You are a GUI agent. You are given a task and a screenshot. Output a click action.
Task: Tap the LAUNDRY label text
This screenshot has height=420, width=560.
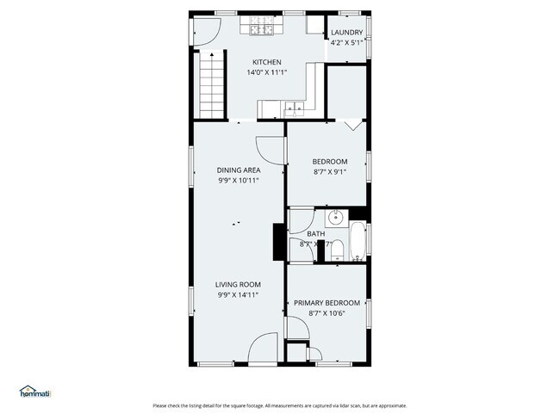347,34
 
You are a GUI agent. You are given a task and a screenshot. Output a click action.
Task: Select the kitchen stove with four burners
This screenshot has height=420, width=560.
261,30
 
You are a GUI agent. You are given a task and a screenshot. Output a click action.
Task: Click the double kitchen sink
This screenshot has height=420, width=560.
294,108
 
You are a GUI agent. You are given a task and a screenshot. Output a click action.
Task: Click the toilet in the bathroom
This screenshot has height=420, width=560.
339,250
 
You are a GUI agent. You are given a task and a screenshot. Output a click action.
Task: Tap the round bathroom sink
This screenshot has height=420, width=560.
338,217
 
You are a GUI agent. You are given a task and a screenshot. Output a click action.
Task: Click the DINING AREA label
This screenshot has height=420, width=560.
239,170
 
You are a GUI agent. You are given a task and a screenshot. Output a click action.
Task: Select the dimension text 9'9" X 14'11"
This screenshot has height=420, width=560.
239,294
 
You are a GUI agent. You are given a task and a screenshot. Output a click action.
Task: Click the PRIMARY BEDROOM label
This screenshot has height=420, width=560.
327,303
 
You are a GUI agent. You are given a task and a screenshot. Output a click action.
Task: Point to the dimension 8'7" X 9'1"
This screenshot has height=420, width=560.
328,171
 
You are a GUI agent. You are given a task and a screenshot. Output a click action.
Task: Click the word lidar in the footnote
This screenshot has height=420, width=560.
343,406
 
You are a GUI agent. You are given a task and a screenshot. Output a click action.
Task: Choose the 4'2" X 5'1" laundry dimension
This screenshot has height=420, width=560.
347,43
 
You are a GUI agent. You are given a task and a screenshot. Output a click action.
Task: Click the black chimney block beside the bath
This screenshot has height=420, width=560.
279,241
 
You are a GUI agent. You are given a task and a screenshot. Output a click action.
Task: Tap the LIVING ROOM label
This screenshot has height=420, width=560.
239,285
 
